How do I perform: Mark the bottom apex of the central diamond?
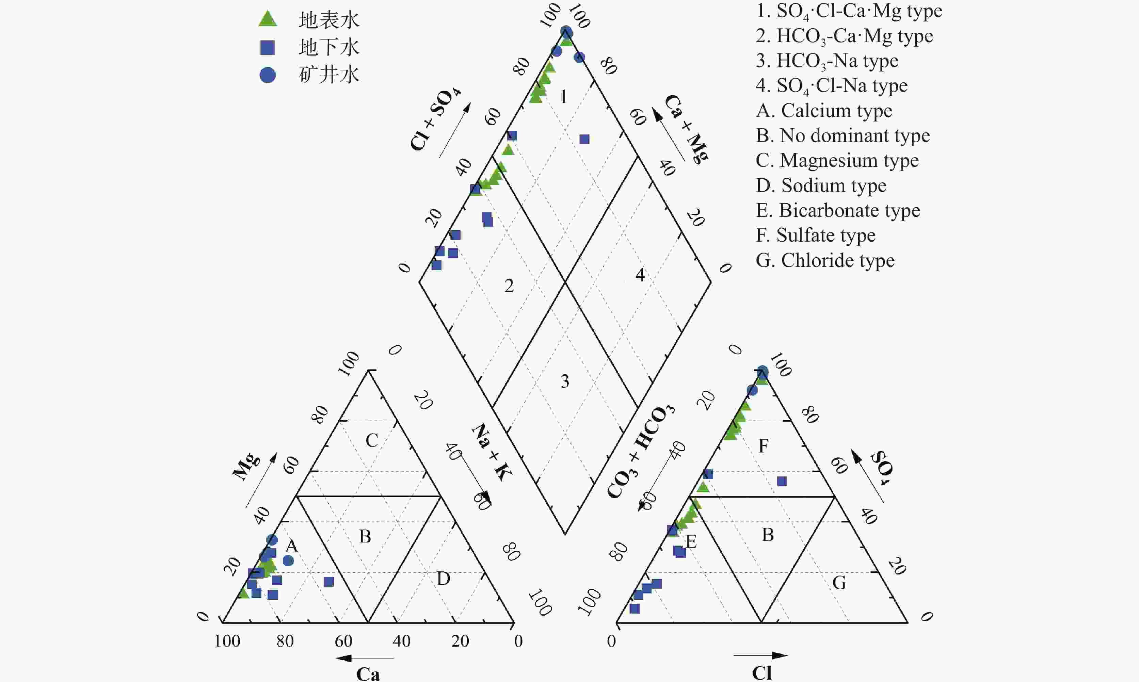coord(565,535)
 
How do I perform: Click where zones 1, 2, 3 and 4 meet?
coord(565,282)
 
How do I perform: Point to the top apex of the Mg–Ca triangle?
coord(368,370)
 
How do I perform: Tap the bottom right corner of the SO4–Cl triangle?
coord(908,623)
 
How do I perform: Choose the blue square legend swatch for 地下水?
coord(267,47)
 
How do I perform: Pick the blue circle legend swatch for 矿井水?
coord(268,75)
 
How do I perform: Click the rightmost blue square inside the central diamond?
coord(584,139)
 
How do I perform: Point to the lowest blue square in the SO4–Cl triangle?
coord(635,608)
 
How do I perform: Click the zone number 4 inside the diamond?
coord(640,275)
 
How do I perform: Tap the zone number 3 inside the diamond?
coord(565,381)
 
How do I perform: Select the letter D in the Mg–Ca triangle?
coord(444,579)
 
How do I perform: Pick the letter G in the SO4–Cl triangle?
coord(839,583)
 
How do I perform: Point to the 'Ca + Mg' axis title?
coord(686,129)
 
